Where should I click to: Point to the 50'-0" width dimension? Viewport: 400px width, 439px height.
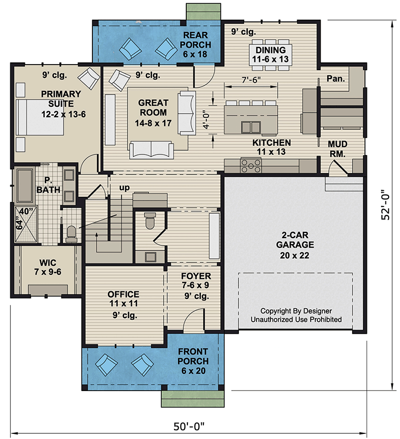(x=189, y=426)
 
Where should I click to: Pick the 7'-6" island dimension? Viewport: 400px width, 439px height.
(x=251, y=80)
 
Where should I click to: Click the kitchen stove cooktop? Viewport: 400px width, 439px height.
(x=251, y=165)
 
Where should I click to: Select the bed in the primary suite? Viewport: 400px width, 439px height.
(x=30, y=117)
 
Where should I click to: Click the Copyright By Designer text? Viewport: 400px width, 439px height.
(x=296, y=311)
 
